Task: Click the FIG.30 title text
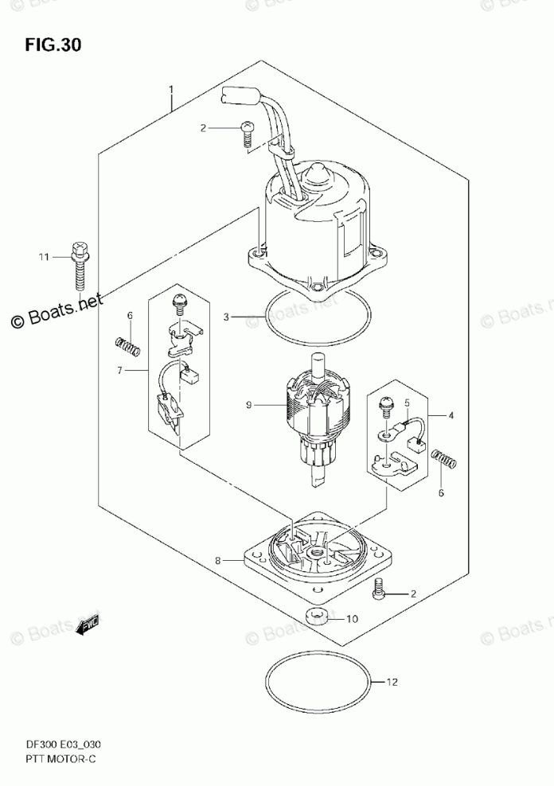click(x=53, y=45)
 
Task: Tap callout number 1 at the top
click(x=170, y=89)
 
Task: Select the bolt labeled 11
click(x=80, y=267)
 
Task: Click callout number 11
click(x=45, y=257)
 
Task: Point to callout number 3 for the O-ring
click(x=226, y=317)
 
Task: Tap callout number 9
click(x=249, y=405)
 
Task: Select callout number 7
click(x=120, y=371)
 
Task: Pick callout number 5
click(x=405, y=403)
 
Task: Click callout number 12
click(x=391, y=682)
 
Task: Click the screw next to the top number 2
click(x=247, y=133)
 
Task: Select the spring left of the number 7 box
click(x=128, y=345)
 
